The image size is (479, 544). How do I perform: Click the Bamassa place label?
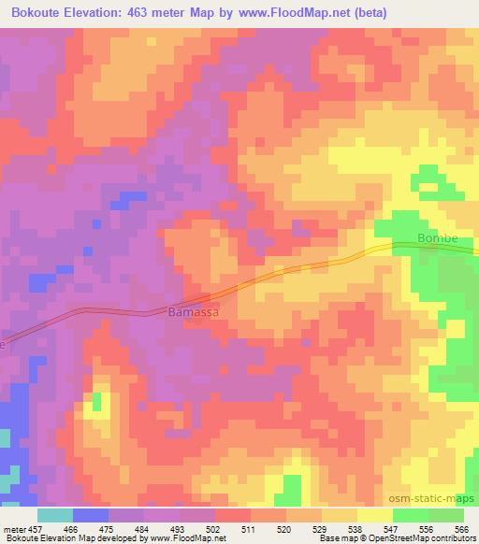tap(194, 313)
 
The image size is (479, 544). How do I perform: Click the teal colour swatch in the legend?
tap(55, 515)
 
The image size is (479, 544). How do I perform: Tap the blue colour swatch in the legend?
tap(91, 515)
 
